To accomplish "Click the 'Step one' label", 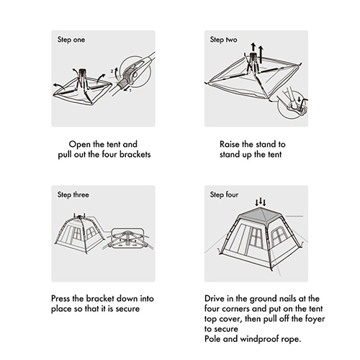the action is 71,40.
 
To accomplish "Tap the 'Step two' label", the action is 223,40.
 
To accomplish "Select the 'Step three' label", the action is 73,194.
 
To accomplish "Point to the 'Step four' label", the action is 224,194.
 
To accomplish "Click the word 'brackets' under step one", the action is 135,154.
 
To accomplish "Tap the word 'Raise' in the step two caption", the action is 230,144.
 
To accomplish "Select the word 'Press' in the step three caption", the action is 60,298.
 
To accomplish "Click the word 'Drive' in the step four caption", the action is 214,298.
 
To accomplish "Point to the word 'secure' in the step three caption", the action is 127,309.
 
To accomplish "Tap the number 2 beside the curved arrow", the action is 112,71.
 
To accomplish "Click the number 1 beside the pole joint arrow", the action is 130,91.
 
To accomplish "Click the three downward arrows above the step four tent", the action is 261,202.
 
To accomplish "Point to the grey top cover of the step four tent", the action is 261,215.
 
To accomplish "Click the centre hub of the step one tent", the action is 83,71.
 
